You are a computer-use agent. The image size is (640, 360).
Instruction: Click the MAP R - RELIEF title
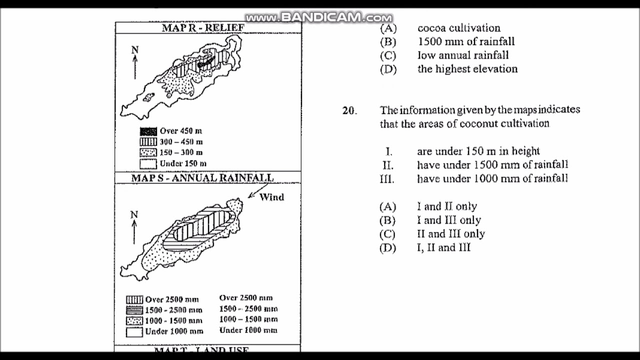(203, 27)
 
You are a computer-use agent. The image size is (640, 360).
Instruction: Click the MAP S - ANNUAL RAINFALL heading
(202, 178)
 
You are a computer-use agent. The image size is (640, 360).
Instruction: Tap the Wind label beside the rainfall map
(271, 197)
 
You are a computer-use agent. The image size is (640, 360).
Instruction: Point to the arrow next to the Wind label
(253, 192)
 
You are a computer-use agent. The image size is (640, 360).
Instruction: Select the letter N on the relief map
(134, 50)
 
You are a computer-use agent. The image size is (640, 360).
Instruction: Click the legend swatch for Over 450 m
(148, 131)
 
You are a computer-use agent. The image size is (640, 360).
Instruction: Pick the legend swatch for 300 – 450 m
(148, 142)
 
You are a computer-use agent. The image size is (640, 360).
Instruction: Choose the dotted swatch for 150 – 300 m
(148, 152)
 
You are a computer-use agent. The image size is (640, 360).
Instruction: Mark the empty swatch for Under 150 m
(148, 163)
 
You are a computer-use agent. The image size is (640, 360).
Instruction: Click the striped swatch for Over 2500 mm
(134, 299)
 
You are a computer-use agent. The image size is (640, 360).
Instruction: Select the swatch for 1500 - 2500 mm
(134, 310)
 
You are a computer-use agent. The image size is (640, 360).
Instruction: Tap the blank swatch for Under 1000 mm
(134, 331)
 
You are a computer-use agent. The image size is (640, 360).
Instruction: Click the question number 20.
(349, 110)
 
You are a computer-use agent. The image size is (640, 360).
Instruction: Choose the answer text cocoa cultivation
(458, 28)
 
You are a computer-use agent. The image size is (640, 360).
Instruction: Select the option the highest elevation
(467, 69)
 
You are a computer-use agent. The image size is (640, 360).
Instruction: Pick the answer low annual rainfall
(463, 55)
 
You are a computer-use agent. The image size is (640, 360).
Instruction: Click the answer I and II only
(447, 206)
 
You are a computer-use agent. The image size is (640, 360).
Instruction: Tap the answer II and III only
(451, 233)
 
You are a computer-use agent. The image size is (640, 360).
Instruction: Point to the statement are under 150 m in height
(478, 151)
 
